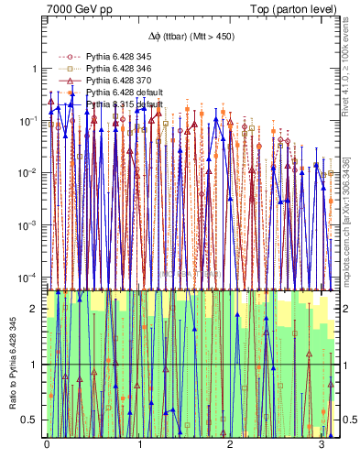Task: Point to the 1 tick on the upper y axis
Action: pyautogui.click(x=34, y=69)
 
